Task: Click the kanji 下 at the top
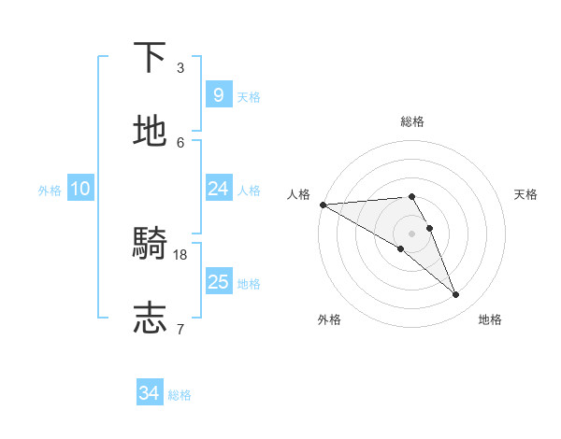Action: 151,58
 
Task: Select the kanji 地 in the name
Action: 151,132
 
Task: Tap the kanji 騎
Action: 151,245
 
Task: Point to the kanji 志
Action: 151,319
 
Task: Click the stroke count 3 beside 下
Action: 180,67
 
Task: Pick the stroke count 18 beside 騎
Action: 181,254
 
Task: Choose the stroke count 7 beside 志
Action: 180,328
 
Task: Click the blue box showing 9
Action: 218,94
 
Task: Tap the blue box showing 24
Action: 218,189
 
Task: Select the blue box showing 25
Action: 218,282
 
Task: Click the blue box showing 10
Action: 79,189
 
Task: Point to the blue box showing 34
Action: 150,393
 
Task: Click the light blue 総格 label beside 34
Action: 180,395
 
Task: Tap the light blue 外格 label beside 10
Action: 50,191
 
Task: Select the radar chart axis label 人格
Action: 298,194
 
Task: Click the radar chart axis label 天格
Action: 526,194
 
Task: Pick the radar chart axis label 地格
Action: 490,319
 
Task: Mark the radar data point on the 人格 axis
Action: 323,205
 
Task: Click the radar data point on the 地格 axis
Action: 456,295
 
